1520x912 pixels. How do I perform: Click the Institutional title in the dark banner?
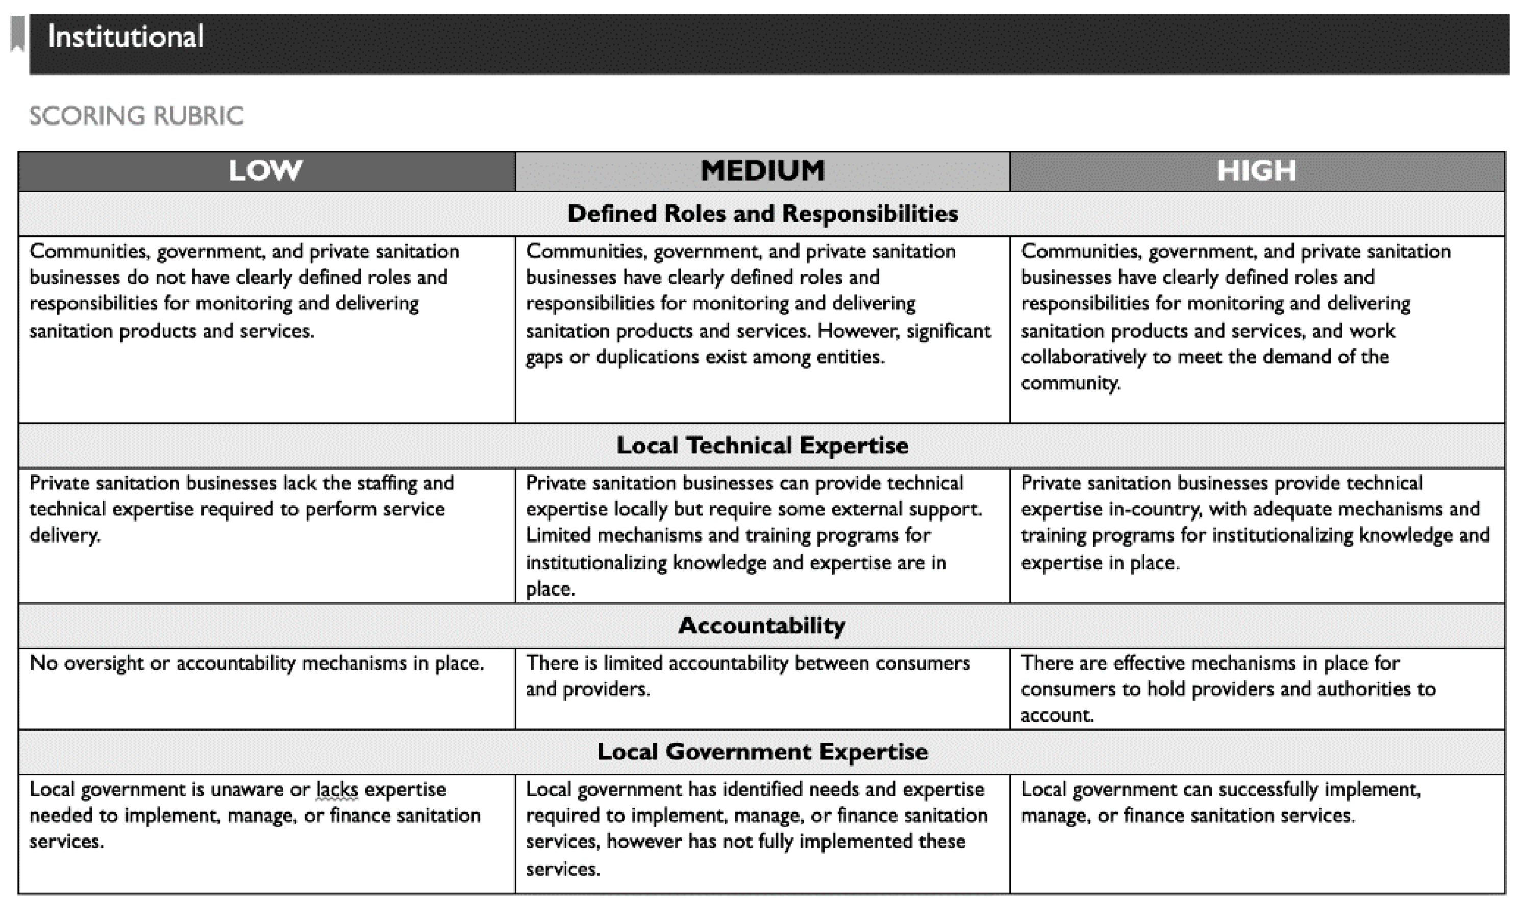click(x=126, y=37)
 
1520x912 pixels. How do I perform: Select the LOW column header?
click(x=265, y=170)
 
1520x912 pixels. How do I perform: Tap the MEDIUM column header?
click(x=762, y=170)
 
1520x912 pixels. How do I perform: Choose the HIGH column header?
click(x=1256, y=170)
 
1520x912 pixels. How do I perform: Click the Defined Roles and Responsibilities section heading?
click(x=762, y=214)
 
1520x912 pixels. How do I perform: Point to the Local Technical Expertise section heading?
click(x=762, y=446)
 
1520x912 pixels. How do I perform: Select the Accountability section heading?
click(x=762, y=626)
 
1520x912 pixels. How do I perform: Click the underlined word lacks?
click(x=337, y=790)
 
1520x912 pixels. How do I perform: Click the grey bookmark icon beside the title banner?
click(x=18, y=34)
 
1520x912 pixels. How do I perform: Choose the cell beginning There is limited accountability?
click(x=747, y=676)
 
